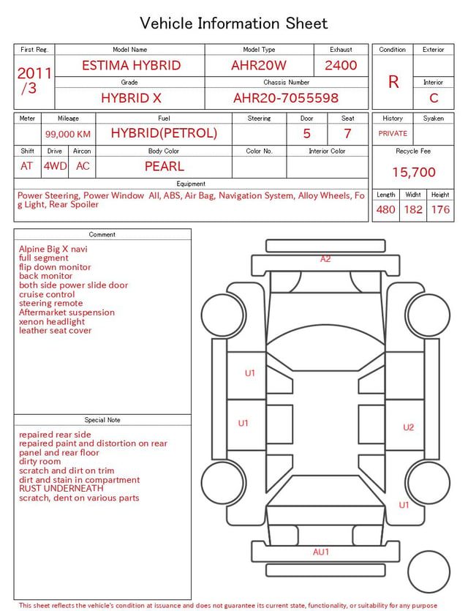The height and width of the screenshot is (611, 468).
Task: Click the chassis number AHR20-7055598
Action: (286, 98)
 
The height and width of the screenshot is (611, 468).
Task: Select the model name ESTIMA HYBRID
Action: (131, 65)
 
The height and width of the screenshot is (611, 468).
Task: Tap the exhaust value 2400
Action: (341, 65)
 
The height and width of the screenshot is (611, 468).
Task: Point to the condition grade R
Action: (393, 82)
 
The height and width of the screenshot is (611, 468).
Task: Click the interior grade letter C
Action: (434, 98)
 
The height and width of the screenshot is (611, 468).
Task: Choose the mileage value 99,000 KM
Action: (68, 134)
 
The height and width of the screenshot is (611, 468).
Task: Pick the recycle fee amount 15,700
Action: (413, 172)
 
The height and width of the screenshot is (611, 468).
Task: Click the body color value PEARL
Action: (165, 166)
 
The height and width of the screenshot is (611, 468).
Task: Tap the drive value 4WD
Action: (55, 166)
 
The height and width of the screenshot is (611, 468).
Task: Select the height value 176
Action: (440, 209)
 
